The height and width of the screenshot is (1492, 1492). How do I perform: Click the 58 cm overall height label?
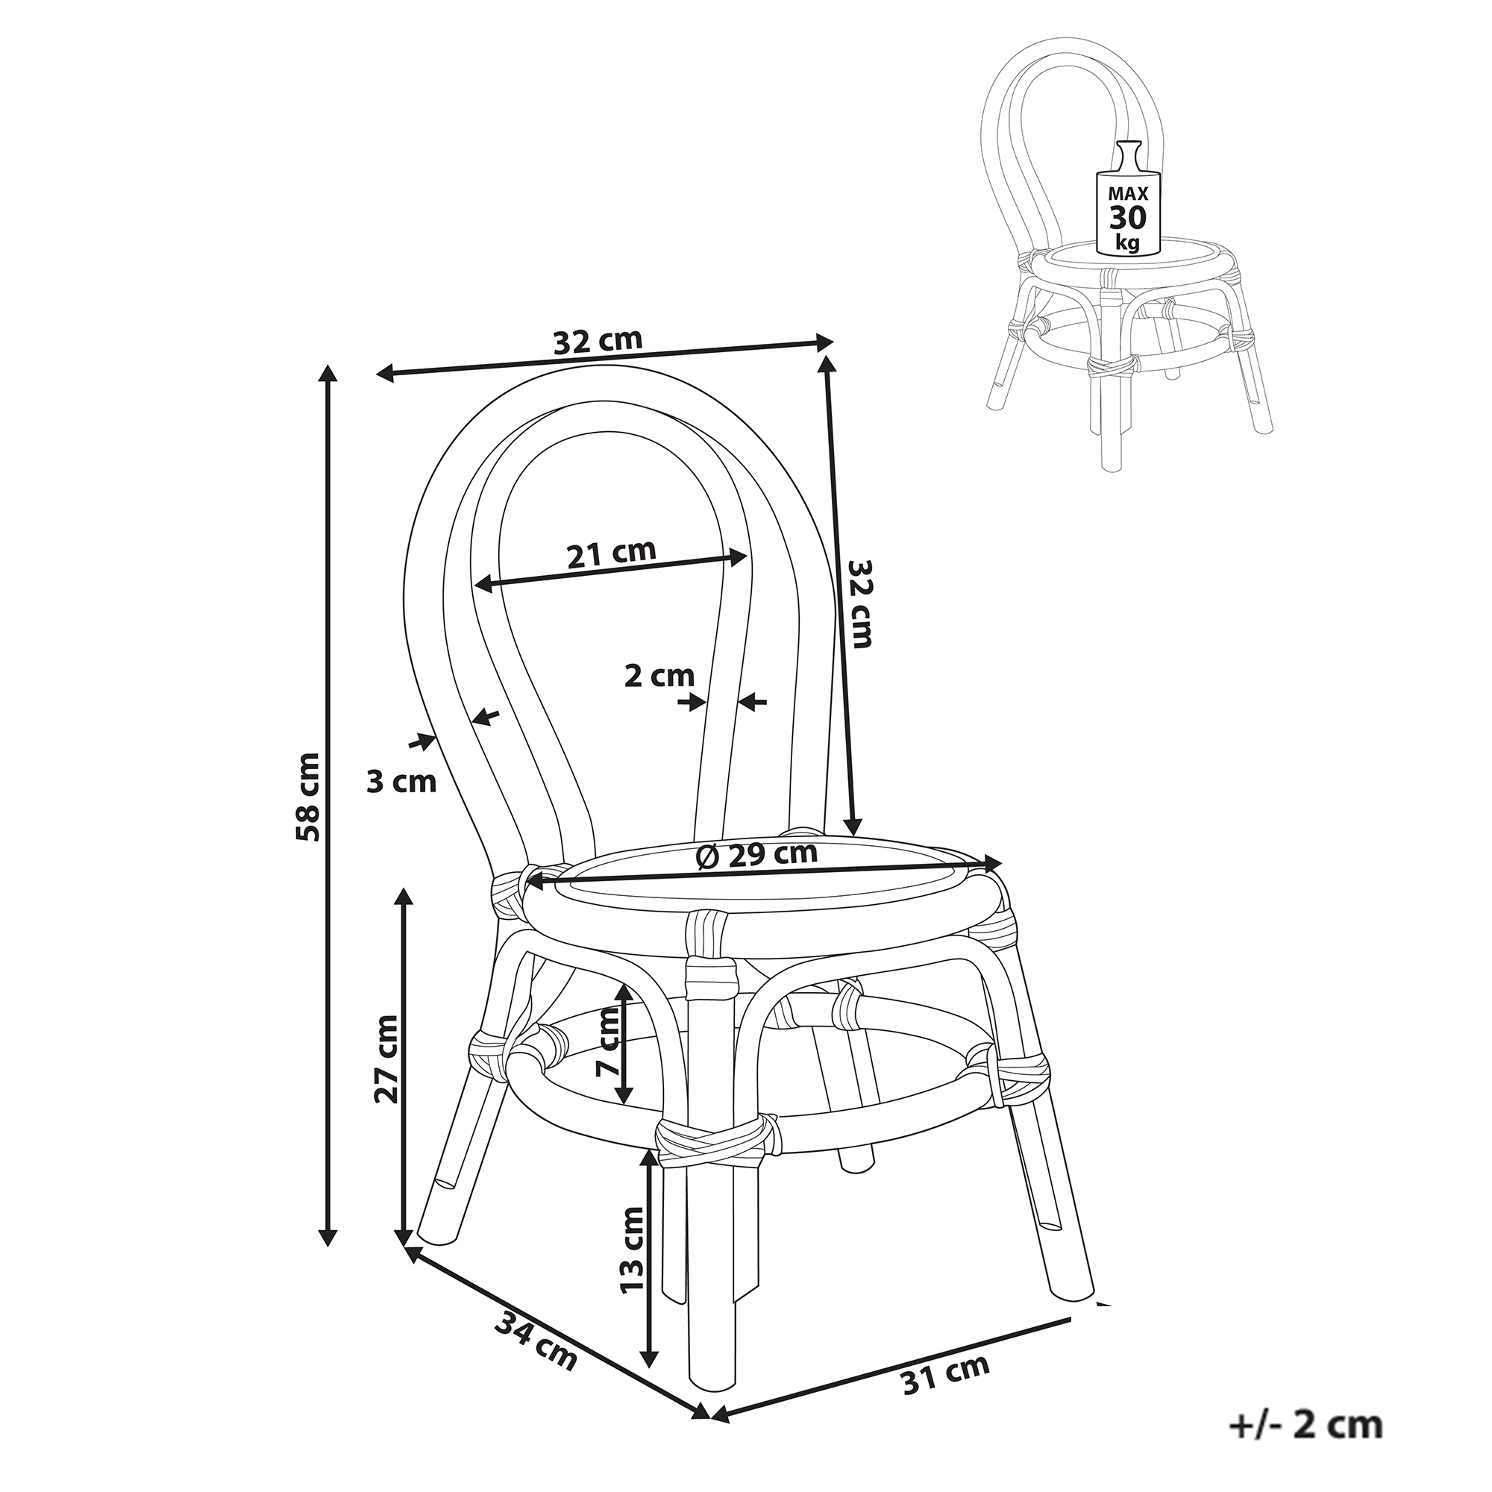(x=308, y=796)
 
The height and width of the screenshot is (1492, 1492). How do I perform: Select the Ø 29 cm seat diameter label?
(x=756, y=855)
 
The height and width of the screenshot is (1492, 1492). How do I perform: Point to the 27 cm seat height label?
(x=386, y=1059)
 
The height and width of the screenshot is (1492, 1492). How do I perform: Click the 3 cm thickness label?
(x=401, y=783)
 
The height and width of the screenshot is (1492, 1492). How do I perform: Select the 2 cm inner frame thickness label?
(x=659, y=676)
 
